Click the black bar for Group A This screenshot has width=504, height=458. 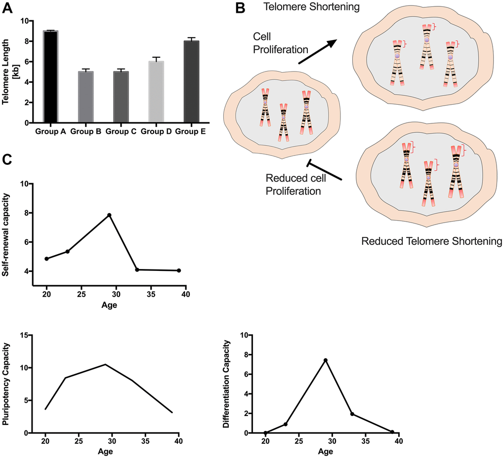click(51, 76)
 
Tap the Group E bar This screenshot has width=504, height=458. click(191, 81)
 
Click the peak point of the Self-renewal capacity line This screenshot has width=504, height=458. click(109, 215)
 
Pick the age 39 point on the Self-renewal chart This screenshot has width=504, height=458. click(178, 270)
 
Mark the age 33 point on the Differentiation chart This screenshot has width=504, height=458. click(352, 414)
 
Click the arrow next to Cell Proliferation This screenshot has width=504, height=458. click(316, 52)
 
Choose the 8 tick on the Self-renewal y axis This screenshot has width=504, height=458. click(24, 213)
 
